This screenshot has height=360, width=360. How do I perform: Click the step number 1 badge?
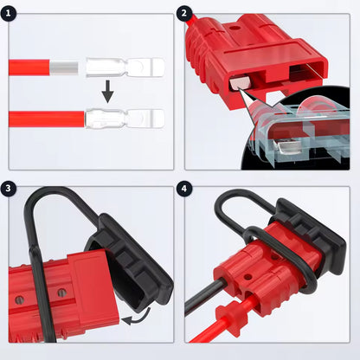point(9,13)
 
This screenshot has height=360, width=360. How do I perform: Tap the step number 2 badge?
point(184,13)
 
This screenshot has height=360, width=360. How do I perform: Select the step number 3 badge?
point(9,189)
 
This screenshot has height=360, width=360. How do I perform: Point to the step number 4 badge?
point(184,189)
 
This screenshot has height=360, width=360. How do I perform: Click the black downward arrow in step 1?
point(108,92)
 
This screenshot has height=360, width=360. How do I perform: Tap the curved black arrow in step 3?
point(137,318)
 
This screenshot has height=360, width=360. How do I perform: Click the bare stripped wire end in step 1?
point(64,67)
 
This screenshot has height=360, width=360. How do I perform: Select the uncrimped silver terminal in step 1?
point(125,67)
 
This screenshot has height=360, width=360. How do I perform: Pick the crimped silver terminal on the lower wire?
point(125,119)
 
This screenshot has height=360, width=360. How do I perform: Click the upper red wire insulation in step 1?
point(29,67)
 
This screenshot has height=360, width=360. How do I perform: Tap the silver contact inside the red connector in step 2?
point(240,83)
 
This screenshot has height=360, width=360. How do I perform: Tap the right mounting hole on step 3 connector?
point(62,293)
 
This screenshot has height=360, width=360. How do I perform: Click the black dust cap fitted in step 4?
point(310,232)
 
